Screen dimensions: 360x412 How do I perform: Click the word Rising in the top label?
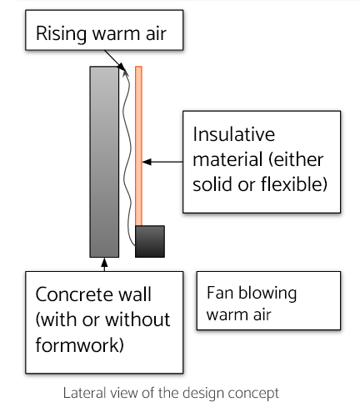coord(61,34)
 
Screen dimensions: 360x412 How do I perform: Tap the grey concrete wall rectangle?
coord(104,162)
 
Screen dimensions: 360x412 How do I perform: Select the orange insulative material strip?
coord(138,146)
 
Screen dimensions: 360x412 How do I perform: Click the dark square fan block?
coord(150,241)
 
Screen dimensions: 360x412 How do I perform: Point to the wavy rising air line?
coord(127,158)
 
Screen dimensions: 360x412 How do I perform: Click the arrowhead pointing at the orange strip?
coord(147,162)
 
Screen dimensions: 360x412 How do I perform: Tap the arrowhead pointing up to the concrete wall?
coord(104,262)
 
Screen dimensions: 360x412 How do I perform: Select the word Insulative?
coord(234,134)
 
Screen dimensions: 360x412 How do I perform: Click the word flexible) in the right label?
coord(294,184)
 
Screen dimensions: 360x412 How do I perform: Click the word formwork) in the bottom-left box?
coord(79,345)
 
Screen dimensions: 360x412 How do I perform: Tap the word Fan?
coord(220,293)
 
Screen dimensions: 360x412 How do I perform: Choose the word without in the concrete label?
coord(137,319)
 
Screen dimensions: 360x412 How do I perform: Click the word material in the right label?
coord(227,159)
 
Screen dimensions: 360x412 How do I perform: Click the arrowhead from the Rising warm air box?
coord(122,67)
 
